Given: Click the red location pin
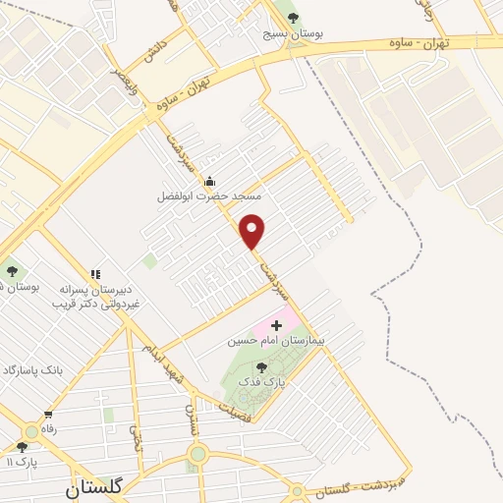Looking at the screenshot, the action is pyautogui.click(x=252, y=231).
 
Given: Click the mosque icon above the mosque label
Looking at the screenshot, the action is pyautogui.click(x=208, y=182).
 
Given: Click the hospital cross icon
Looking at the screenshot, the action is pyautogui.click(x=276, y=324).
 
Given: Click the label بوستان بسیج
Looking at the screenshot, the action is pyautogui.click(x=292, y=33).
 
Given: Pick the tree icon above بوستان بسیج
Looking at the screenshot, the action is pyautogui.click(x=292, y=17).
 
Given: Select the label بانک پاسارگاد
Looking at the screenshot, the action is pyautogui.click(x=30, y=369).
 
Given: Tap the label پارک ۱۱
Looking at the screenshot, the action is pyautogui.click(x=22, y=461).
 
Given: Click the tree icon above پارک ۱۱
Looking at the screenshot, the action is pyautogui.click(x=22, y=446).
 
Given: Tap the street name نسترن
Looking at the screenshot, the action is pyautogui.click(x=193, y=419).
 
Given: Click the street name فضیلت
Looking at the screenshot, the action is pyautogui.click(x=224, y=417).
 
